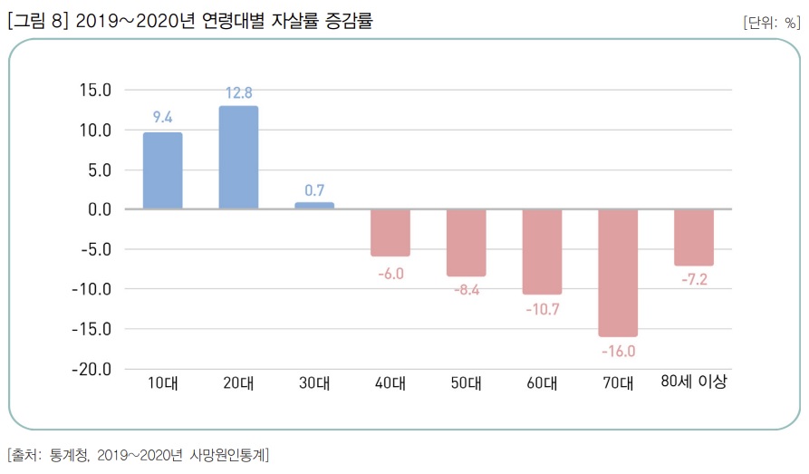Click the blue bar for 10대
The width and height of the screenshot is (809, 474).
pyautogui.click(x=162, y=171)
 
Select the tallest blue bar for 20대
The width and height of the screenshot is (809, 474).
pyautogui.click(x=238, y=158)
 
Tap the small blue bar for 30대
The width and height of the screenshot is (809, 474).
pyautogui.click(x=314, y=206)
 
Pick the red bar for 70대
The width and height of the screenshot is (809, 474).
pyautogui.click(x=618, y=273)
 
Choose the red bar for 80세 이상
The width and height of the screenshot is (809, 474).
pyautogui.click(x=694, y=237)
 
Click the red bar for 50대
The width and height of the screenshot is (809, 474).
pyautogui.click(x=467, y=243)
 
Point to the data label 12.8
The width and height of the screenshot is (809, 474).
pyautogui.click(x=238, y=92)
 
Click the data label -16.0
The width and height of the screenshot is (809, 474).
pyautogui.click(x=618, y=352)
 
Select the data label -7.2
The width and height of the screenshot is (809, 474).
pyautogui.click(x=694, y=280)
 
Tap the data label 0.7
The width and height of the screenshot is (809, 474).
pyautogui.click(x=314, y=190)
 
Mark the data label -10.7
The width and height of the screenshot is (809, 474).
pyautogui.click(x=543, y=309)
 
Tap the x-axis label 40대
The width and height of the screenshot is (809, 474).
pyautogui.click(x=390, y=383)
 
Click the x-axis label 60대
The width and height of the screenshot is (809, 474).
pyautogui.click(x=543, y=383)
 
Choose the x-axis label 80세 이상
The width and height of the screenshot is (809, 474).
pyautogui.click(x=694, y=382)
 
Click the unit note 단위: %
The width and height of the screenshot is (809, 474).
pyautogui.click(x=771, y=23)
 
